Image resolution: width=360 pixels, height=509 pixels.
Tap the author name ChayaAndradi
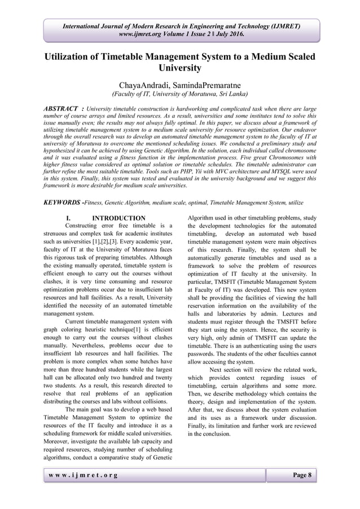(x=146, y=85)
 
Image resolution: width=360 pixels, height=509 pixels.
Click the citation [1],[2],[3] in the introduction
(x=115, y=238)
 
